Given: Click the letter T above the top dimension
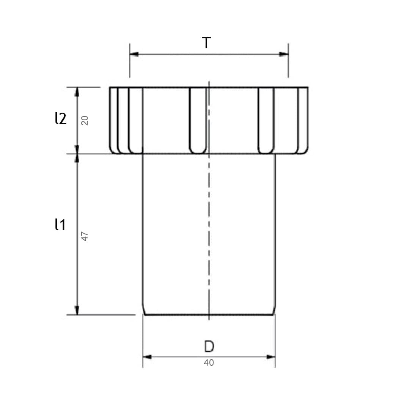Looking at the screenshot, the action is click(x=206, y=42).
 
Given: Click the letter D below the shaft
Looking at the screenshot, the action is click(x=209, y=346).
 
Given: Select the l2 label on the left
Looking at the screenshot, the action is click(x=61, y=118).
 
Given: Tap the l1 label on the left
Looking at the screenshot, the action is click(x=60, y=225).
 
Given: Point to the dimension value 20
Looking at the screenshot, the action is click(x=85, y=121).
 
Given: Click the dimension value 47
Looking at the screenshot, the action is click(x=85, y=236).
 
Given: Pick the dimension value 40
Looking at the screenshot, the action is click(x=209, y=363).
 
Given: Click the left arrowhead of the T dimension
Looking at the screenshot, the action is click(x=134, y=54).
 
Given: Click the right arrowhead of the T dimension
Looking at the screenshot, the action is click(x=284, y=54).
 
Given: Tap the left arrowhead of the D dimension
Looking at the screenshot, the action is click(x=147, y=357).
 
